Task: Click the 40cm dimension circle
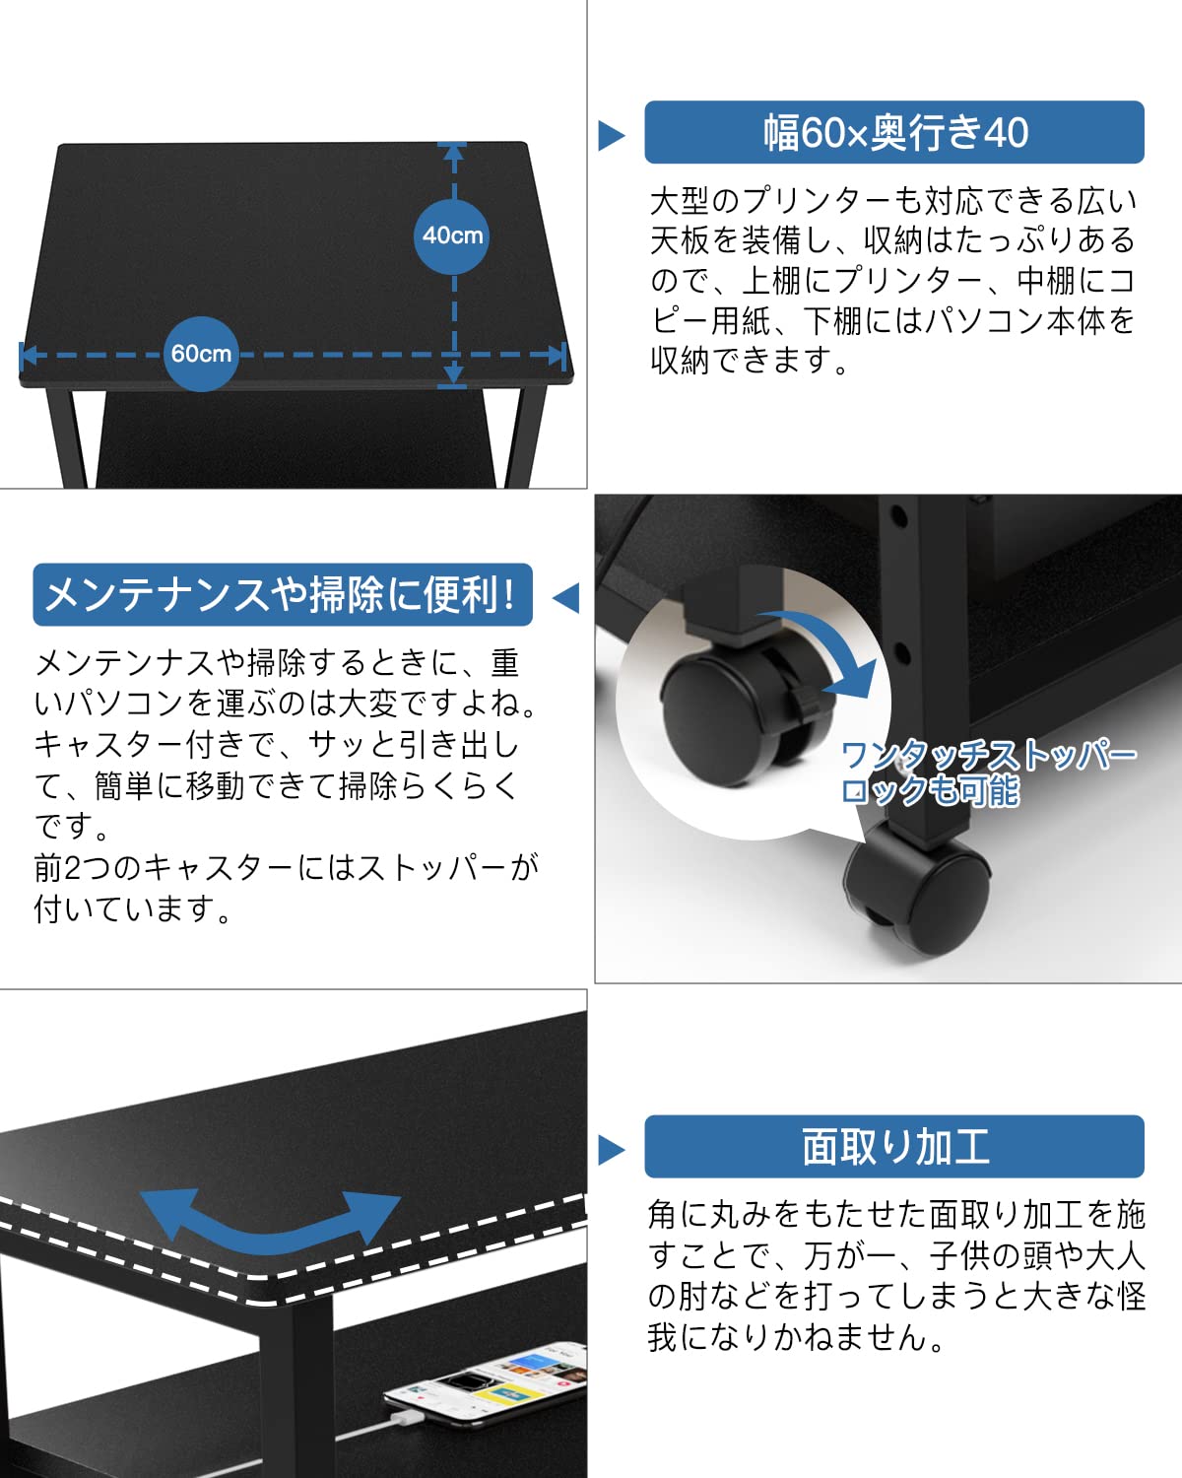click(451, 236)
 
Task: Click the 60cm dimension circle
click(201, 354)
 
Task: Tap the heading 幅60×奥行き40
click(894, 132)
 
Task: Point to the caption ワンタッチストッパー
click(988, 756)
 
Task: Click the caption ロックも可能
click(930, 790)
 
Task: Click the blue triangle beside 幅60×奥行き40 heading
click(611, 135)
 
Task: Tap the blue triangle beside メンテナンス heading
click(566, 597)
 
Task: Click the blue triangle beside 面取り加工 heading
click(611, 1150)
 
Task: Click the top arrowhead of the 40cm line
click(453, 152)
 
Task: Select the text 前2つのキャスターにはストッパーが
click(287, 867)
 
